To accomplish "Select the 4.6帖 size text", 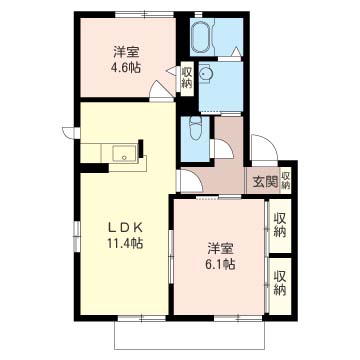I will [x=126, y=69].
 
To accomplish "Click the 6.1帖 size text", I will [x=221, y=264].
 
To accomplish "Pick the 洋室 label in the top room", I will [x=126, y=52].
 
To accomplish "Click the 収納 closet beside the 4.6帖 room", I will [x=187, y=77].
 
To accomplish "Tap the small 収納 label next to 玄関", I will [x=285, y=179].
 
